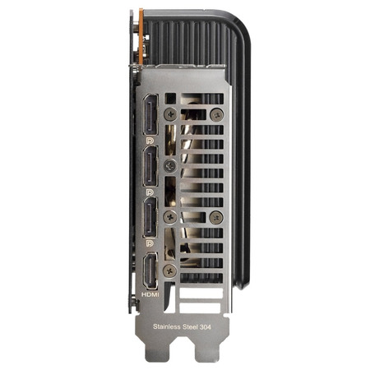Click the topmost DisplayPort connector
[x=150, y=114]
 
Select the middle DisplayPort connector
[x=150, y=166]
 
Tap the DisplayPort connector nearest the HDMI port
[x=150, y=217]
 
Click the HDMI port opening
[x=150, y=271]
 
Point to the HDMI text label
[x=150, y=294]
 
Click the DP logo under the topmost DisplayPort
[x=150, y=141]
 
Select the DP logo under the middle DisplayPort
[x=150, y=192]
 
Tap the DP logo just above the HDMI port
[x=150, y=243]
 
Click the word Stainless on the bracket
[x=167, y=326]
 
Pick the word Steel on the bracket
[x=191, y=326]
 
